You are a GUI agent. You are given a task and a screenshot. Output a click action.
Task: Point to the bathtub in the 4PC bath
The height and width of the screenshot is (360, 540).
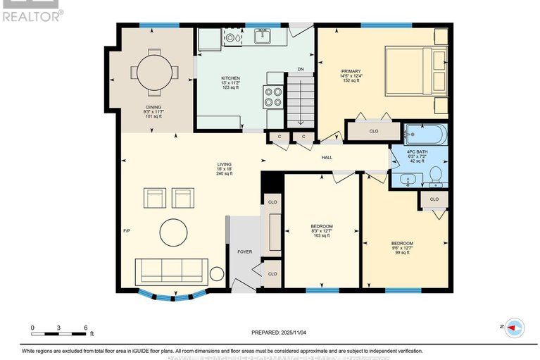[x=425, y=133]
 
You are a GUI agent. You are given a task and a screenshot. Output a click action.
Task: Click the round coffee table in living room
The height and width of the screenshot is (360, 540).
[x=173, y=231]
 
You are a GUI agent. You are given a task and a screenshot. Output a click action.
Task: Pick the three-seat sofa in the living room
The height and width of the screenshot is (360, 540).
[x=171, y=269]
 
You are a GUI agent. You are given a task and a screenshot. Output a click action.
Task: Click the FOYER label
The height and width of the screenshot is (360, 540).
[x=244, y=252]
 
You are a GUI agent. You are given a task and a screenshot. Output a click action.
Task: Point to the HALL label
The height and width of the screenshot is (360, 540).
[x=327, y=158]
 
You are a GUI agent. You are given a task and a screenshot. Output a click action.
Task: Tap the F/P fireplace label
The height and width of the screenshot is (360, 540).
[x=127, y=230]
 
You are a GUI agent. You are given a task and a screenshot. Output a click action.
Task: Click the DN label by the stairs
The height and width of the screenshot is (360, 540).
[x=301, y=69]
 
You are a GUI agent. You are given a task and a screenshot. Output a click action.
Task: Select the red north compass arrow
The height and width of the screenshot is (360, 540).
[x=516, y=327]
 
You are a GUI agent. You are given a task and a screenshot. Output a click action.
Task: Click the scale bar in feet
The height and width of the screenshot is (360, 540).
[x=59, y=330]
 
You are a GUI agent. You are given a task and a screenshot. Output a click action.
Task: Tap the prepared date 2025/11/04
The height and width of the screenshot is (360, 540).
[x=280, y=333]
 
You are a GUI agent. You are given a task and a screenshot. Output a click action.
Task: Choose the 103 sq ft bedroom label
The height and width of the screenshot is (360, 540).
[x=322, y=230]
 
